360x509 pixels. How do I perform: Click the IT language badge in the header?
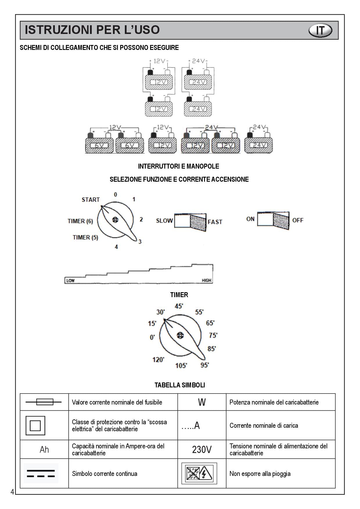(x=320, y=30)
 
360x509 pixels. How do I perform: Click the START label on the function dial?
(x=91, y=200)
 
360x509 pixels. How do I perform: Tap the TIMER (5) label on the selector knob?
(x=85, y=237)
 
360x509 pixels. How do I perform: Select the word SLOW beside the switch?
(x=164, y=221)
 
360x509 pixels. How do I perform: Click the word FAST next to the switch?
(x=215, y=222)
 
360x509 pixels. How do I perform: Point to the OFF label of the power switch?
(x=298, y=220)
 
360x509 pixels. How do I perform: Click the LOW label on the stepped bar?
(x=70, y=280)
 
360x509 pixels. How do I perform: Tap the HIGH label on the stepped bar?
(x=207, y=280)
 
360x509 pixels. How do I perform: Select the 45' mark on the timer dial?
(x=179, y=306)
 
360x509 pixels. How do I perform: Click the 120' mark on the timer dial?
(x=159, y=360)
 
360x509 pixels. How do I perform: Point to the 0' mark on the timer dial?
(x=152, y=337)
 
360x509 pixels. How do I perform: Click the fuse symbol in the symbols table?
(x=44, y=402)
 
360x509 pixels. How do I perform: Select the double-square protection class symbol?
(x=35, y=425)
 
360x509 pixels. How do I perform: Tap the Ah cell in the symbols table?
(x=44, y=450)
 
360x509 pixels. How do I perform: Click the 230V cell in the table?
(x=201, y=450)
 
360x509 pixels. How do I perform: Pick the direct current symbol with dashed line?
(x=41, y=473)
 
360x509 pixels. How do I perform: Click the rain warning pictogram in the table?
(x=199, y=473)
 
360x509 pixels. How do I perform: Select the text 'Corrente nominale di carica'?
(x=264, y=425)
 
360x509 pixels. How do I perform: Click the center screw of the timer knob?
(x=180, y=335)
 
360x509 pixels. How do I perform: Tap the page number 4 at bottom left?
(x=12, y=492)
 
